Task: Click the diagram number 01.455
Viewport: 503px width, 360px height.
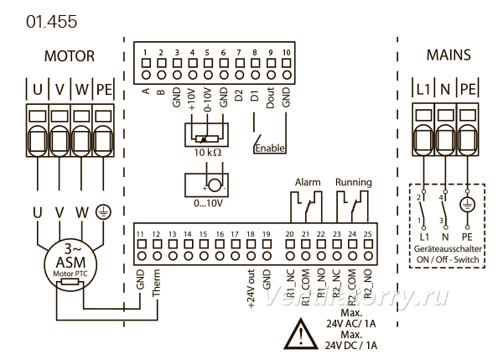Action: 52,22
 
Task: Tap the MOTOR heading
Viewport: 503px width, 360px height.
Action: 70,56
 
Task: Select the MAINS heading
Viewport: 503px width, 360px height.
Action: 449,55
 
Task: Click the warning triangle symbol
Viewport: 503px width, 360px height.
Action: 301,334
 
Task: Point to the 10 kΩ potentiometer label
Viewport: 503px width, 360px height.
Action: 208,153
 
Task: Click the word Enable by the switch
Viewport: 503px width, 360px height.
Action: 270,149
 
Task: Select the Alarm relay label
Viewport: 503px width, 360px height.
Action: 308,182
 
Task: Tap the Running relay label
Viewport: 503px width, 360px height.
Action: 354,182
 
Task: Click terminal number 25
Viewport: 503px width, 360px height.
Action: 368,234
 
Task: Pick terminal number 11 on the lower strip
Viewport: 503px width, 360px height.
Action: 140,234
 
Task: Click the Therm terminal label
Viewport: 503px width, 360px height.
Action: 156,283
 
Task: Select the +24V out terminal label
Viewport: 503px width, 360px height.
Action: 251,289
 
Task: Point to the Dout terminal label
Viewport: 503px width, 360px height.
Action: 271,97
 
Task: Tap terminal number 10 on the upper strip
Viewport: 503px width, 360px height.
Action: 286,52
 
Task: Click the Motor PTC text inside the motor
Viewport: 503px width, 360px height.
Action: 70,274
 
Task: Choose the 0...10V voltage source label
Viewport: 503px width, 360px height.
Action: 208,203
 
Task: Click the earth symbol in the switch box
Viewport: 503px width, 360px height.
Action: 468,205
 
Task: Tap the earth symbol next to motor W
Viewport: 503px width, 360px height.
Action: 103,212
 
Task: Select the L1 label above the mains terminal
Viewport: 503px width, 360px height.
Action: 423,89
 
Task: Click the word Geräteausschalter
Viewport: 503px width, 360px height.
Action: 448,249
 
